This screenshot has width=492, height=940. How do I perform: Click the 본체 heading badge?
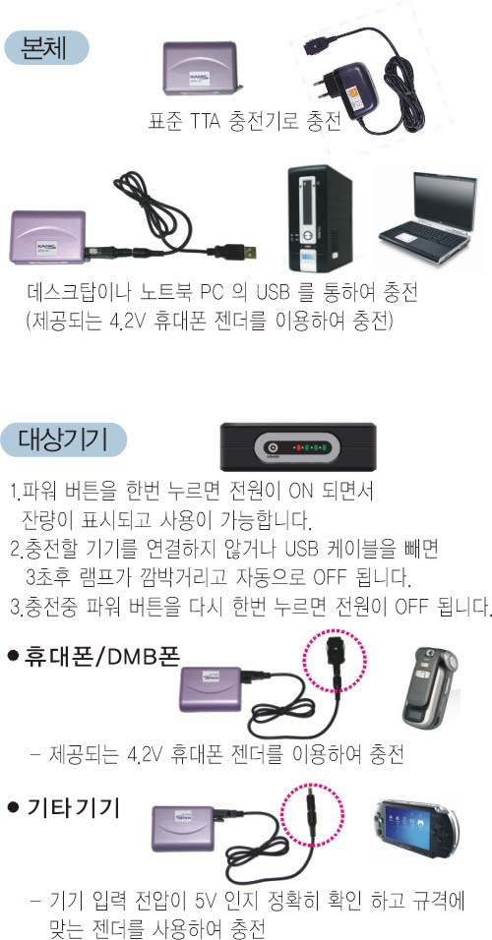click(x=47, y=47)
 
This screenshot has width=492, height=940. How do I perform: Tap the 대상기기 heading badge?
click(x=65, y=441)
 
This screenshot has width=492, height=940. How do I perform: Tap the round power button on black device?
click(x=273, y=447)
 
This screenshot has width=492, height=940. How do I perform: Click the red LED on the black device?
click(x=294, y=447)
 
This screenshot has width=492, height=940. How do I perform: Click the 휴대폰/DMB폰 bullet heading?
click(x=93, y=658)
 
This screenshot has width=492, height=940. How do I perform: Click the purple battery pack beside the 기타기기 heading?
click(x=182, y=828)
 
